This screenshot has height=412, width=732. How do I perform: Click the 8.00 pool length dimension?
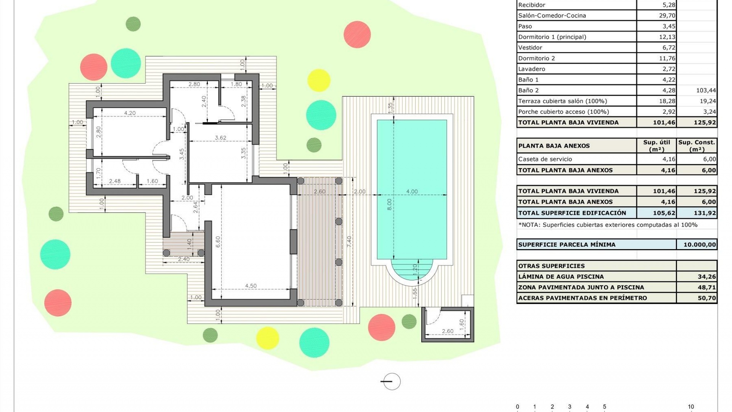click(389, 204)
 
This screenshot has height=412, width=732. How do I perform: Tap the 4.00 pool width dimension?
click(412, 192)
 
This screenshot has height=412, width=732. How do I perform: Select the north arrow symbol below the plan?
click(391, 381)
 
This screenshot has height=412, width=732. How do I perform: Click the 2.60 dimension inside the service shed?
click(448, 331)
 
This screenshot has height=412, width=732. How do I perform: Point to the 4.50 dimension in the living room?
click(250, 286)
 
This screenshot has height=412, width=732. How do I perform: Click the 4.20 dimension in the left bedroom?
click(130, 113)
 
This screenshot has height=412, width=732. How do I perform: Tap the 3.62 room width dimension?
click(220, 138)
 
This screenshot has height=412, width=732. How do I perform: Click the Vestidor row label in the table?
click(530, 48)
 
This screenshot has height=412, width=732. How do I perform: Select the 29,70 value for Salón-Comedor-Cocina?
click(667, 16)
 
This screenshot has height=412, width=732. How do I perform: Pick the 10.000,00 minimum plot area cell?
click(699, 245)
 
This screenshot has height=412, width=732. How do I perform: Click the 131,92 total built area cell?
click(704, 213)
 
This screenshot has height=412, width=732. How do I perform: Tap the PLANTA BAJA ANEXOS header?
click(554, 146)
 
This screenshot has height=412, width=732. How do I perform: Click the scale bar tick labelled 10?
click(690, 407)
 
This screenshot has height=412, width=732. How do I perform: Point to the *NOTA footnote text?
click(608, 225)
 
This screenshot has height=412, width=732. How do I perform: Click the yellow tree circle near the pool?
click(318, 80)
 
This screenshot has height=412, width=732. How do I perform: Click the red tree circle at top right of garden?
click(357, 34)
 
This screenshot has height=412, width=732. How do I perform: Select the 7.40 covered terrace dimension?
click(349, 241)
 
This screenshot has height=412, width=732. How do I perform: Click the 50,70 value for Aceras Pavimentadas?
click(706, 298)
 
